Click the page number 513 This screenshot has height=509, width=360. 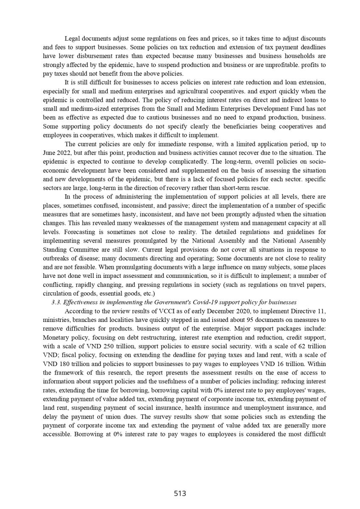[180, 493]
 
